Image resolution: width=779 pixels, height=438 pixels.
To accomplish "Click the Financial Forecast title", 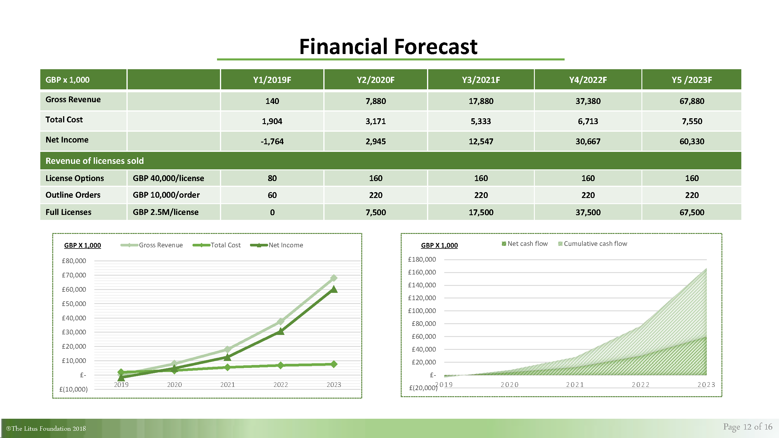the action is [x=388, y=46].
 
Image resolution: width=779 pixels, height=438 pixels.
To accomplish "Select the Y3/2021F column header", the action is [x=481, y=80].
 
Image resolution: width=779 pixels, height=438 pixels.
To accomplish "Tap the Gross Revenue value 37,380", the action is [x=588, y=101].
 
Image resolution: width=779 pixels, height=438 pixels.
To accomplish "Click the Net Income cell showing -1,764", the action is [x=272, y=141].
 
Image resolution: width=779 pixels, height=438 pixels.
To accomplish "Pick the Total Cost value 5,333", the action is [x=481, y=121].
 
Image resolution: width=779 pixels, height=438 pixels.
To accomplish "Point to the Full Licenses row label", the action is [x=68, y=212].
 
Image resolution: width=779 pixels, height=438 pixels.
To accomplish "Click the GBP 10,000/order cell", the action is [x=166, y=195].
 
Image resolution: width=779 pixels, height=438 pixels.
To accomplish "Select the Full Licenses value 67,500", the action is [x=692, y=212].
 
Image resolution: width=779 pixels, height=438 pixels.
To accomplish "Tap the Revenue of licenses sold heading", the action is [x=95, y=161].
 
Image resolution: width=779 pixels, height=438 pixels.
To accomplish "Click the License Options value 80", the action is [x=272, y=178].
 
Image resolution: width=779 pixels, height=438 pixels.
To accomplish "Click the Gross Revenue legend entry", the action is [x=152, y=245].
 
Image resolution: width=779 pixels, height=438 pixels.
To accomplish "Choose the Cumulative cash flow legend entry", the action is [x=593, y=244].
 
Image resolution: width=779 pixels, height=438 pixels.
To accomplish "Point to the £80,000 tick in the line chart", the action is [x=74, y=261].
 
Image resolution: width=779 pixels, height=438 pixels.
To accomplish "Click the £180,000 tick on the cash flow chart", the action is [x=422, y=259].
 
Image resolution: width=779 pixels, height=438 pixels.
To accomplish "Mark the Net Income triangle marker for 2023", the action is [x=334, y=289].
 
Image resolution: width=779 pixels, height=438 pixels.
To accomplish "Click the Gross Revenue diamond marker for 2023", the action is [x=334, y=278].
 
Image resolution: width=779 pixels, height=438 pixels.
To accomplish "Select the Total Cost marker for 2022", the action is [x=281, y=366].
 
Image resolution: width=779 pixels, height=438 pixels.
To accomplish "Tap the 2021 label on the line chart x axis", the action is [x=228, y=385].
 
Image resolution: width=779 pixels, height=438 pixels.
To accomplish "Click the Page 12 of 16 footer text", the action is [x=747, y=427].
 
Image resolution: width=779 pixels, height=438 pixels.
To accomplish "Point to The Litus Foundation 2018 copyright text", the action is [x=46, y=429].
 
